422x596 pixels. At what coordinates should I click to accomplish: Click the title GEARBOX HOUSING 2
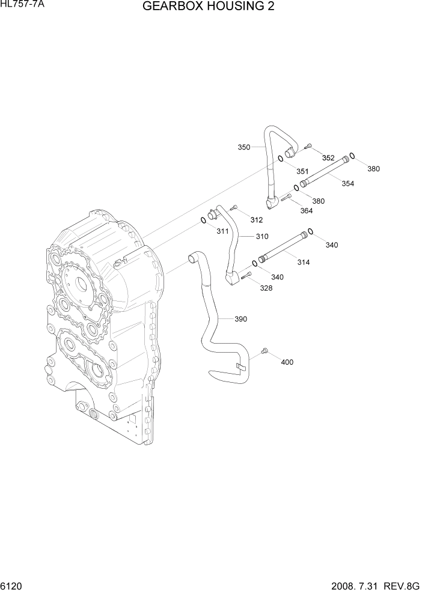click(210, 7)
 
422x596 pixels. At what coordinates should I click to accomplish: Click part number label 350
click(243, 147)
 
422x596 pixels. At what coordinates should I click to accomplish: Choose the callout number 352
click(328, 158)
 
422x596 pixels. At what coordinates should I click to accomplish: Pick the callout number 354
click(347, 183)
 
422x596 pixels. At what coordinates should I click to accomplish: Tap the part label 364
click(307, 210)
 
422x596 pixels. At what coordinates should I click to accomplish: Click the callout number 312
click(257, 219)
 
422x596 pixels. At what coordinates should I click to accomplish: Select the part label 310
click(261, 236)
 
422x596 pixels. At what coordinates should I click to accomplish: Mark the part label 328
click(266, 288)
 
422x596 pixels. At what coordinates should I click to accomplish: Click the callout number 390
click(240, 319)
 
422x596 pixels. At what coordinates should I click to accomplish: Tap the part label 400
click(287, 362)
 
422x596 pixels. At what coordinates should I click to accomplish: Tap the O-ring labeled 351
click(281, 159)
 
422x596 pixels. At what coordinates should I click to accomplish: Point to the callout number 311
click(222, 231)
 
